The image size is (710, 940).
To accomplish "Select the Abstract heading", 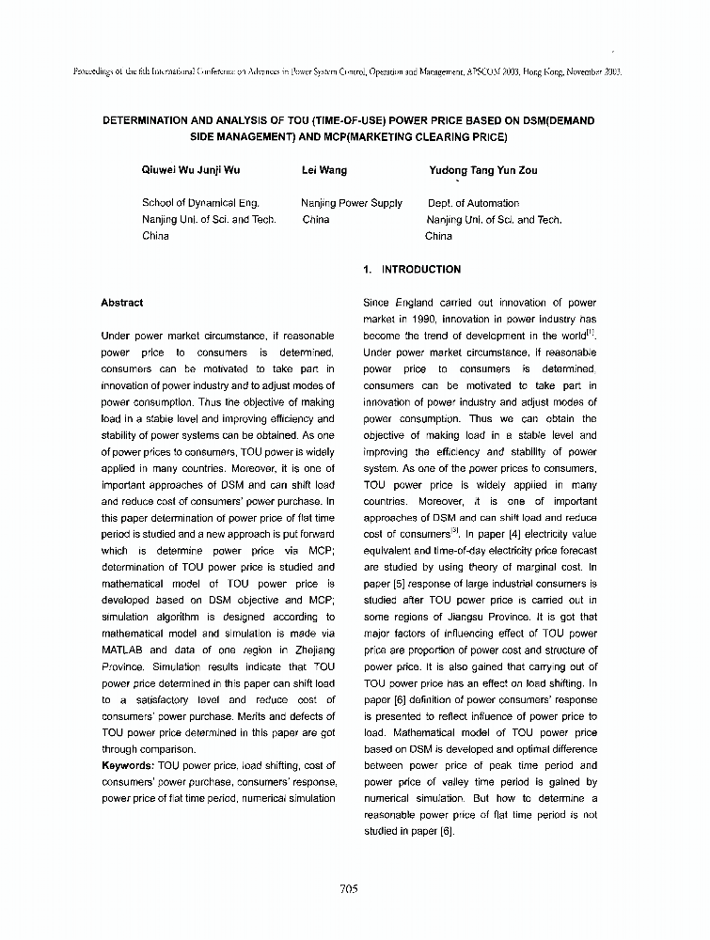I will point(121,303).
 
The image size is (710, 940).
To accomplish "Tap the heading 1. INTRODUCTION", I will point(412,270).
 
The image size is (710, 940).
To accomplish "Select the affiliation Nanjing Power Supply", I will point(352,203).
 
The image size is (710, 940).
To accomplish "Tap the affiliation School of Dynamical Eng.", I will point(200,203).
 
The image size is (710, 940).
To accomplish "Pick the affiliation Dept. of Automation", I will point(473,203).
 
